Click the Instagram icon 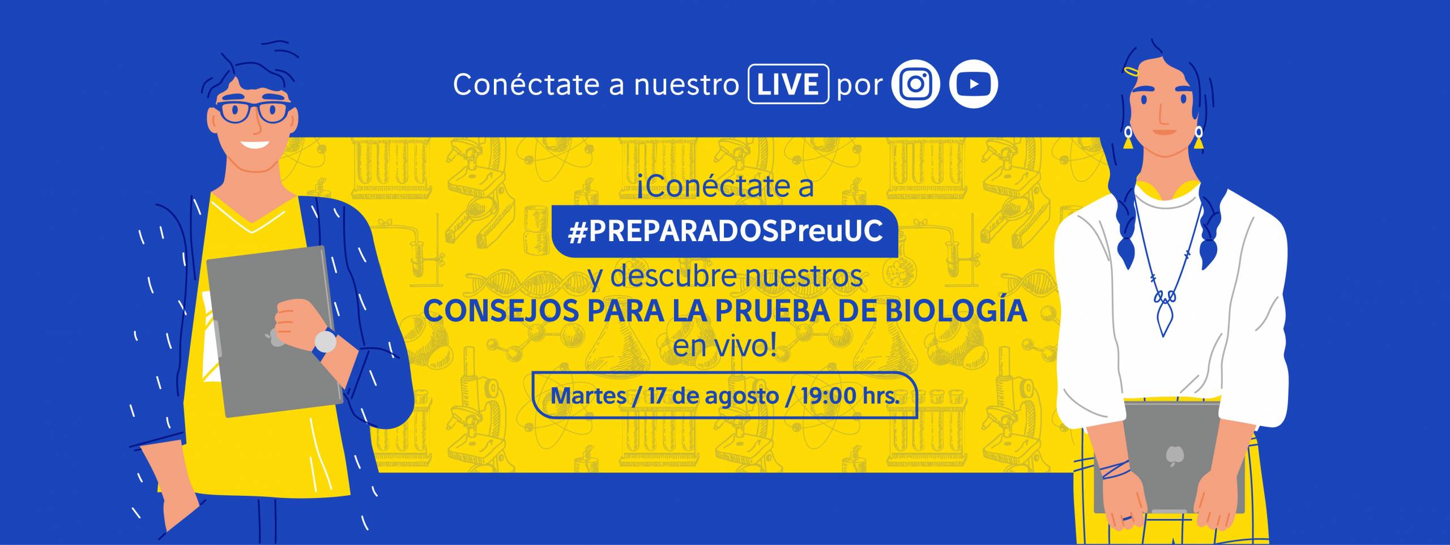pos(915,84)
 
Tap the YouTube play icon pos(974,84)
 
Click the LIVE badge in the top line pos(788,84)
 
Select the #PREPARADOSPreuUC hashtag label pos(726,231)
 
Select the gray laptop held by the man pos(275,331)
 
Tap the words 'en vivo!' pos(724,346)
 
